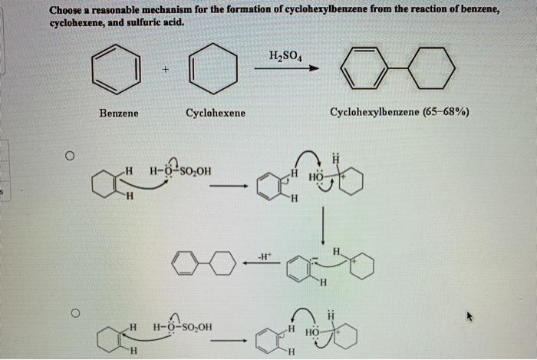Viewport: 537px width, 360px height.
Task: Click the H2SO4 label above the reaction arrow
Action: [285, 56]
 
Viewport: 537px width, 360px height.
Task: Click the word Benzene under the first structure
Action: [119, 113]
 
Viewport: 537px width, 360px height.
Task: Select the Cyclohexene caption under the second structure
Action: [216, 113]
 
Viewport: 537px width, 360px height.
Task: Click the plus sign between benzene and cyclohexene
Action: [166, 70]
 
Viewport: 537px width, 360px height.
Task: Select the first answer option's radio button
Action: [70, 156]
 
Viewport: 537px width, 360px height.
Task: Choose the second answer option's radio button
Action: [75, 312]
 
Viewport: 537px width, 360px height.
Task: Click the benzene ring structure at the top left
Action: [117, 70]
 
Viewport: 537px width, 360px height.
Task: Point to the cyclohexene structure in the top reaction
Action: [213, 68]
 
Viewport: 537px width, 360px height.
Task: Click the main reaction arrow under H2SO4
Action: [286, 68]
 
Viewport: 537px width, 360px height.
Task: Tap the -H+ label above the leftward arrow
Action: [264, 256]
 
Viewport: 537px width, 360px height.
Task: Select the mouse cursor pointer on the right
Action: [469, 316]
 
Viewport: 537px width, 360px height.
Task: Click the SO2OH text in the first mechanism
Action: [196, 171]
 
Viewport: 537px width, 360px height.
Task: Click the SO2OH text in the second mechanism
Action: [196, 327]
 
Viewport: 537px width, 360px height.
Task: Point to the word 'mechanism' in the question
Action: [167, 10]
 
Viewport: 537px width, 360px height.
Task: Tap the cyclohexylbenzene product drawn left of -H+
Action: [204, 263]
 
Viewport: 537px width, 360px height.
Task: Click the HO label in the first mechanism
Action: [315, 177]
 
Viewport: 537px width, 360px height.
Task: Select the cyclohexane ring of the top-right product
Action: [432, 68]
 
